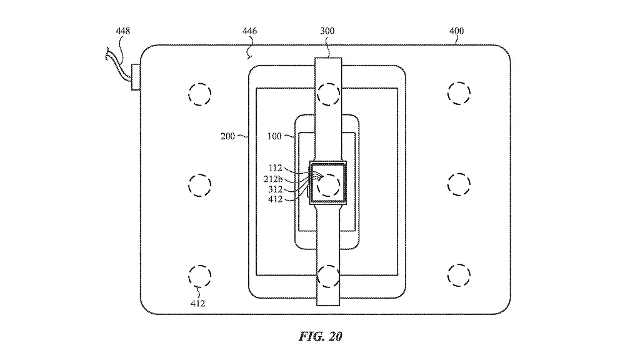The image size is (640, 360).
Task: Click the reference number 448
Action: tap(123, 31)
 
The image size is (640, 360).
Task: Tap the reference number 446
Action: tap(249, 31)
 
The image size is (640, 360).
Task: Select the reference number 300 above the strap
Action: tap(327, 31)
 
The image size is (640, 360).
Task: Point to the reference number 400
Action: tap(456, 31)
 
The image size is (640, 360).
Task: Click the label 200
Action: tap(227, 136)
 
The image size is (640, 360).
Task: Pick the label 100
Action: tap(274, 136)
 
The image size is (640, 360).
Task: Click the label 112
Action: tap(275, 167)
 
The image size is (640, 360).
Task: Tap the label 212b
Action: tap(273, 179)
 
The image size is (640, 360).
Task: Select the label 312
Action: tap(275, 189)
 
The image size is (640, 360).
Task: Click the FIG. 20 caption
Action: tap(321, 336)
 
